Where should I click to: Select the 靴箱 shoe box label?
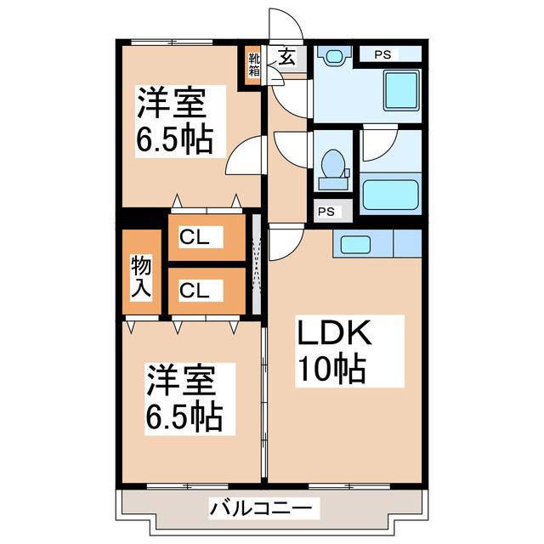254,65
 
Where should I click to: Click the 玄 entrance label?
287,57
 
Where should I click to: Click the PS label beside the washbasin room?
382,54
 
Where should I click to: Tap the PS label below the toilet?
326,212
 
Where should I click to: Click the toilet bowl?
333,164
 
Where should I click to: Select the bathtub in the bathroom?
390,195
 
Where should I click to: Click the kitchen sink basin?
355,244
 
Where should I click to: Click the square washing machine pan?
402,90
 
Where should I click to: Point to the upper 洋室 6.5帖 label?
174,121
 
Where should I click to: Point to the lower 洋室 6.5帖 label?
184,399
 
